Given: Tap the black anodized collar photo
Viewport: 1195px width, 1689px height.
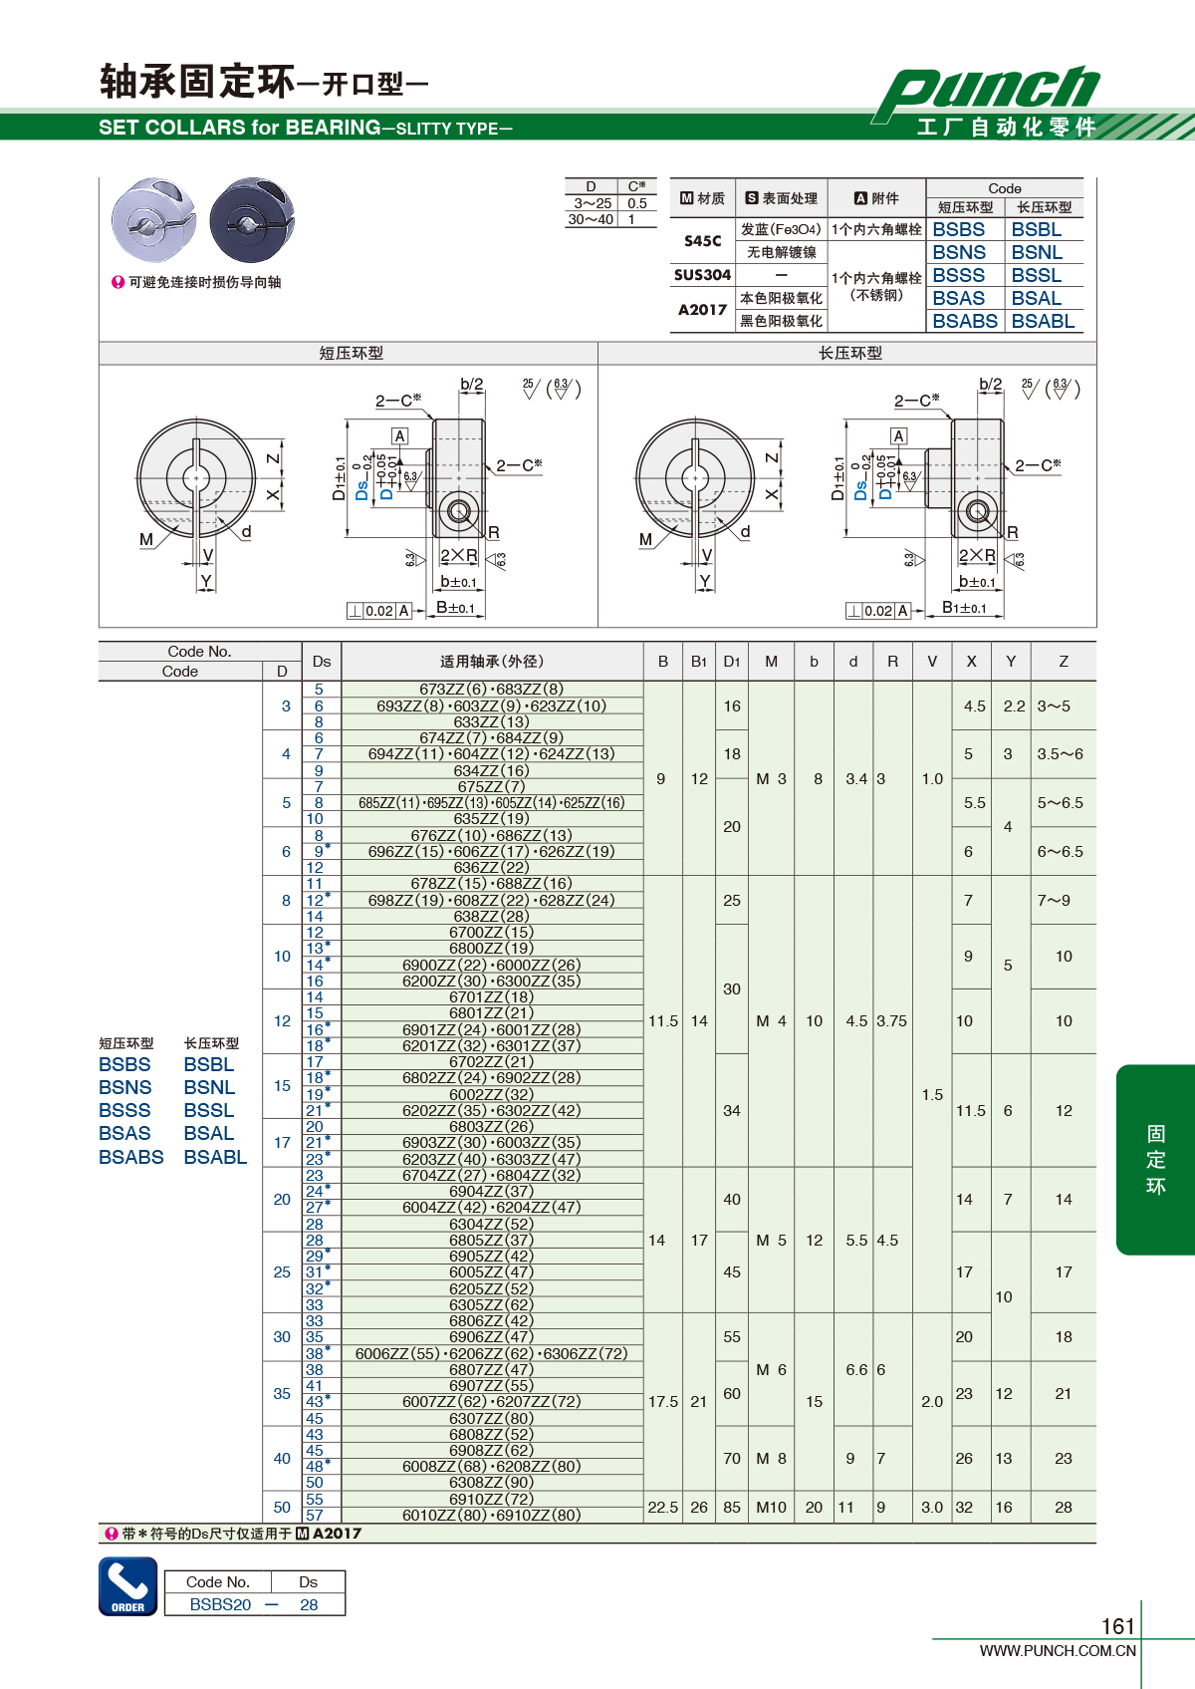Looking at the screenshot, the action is [x=252, y=219].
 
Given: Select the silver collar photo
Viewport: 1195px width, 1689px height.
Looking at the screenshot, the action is [x=153, y=219].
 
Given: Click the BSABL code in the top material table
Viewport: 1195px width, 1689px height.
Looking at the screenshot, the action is [x=1043, y=321].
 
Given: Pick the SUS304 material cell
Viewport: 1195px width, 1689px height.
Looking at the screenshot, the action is [x=702, y=275].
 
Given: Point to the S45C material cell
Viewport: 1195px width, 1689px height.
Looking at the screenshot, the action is [x=702, y=241].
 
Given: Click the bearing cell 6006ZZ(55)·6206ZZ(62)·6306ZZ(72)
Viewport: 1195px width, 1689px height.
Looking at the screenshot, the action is [x=491, y=1353].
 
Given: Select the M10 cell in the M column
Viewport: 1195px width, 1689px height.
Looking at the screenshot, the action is [x=771, y=1508].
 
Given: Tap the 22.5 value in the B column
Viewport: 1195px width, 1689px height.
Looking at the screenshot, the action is [x=663, y=1508].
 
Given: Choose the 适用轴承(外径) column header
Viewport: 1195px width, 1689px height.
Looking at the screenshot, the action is [x=491, y=662].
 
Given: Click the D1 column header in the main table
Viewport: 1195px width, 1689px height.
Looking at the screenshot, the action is [x=732, y=662].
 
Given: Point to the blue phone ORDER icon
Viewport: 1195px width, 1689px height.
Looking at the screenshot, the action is [x=128, y=1586].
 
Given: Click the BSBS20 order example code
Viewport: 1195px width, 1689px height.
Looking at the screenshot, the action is [x=220, y=1604].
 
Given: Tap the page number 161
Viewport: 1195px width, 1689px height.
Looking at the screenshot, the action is [x=1118, y=1626].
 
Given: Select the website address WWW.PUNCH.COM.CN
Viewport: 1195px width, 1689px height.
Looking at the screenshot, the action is [x=1058, y=1650].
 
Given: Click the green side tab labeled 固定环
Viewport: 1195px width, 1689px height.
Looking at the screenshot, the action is [x=1155, y=1159].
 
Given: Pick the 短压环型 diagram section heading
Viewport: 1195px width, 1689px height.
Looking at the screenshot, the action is [x=352, y=353].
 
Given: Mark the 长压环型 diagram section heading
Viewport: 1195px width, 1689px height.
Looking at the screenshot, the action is [x=849, y=353].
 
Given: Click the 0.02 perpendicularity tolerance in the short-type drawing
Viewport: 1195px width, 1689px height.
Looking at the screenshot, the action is [x=379, y=611].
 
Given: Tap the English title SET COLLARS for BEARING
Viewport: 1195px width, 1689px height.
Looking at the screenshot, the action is [x=240, y=128].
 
